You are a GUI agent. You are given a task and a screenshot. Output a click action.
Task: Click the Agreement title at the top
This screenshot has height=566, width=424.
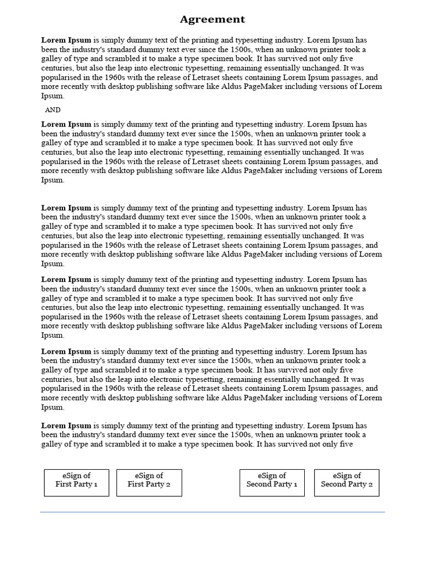[212, 19]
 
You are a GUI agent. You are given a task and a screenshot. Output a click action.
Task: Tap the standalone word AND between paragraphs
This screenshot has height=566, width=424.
[53, 110]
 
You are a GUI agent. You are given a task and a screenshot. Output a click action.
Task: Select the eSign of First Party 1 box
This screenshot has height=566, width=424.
[76, 483]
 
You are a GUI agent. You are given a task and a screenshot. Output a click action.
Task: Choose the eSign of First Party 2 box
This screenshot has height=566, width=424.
[149, 483]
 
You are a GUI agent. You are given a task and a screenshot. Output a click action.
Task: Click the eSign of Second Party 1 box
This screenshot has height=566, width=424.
[272, 483]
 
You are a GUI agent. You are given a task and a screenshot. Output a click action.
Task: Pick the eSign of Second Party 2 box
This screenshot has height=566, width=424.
[347, 483]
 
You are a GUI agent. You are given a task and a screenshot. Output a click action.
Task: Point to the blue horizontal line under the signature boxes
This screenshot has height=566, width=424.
[212, 512]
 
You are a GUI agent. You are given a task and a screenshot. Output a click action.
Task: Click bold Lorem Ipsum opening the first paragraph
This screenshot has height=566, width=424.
[66, 40]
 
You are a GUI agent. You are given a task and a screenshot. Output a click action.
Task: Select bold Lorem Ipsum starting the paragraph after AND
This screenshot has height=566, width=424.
[66, 124]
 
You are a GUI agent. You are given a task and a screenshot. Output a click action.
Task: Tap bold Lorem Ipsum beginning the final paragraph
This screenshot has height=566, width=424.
[66, 426]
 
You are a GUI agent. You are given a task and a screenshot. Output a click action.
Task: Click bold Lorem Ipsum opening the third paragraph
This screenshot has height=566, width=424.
[66, 208]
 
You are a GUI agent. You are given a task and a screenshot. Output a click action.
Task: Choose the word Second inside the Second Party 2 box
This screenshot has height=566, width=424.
[333, 484]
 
